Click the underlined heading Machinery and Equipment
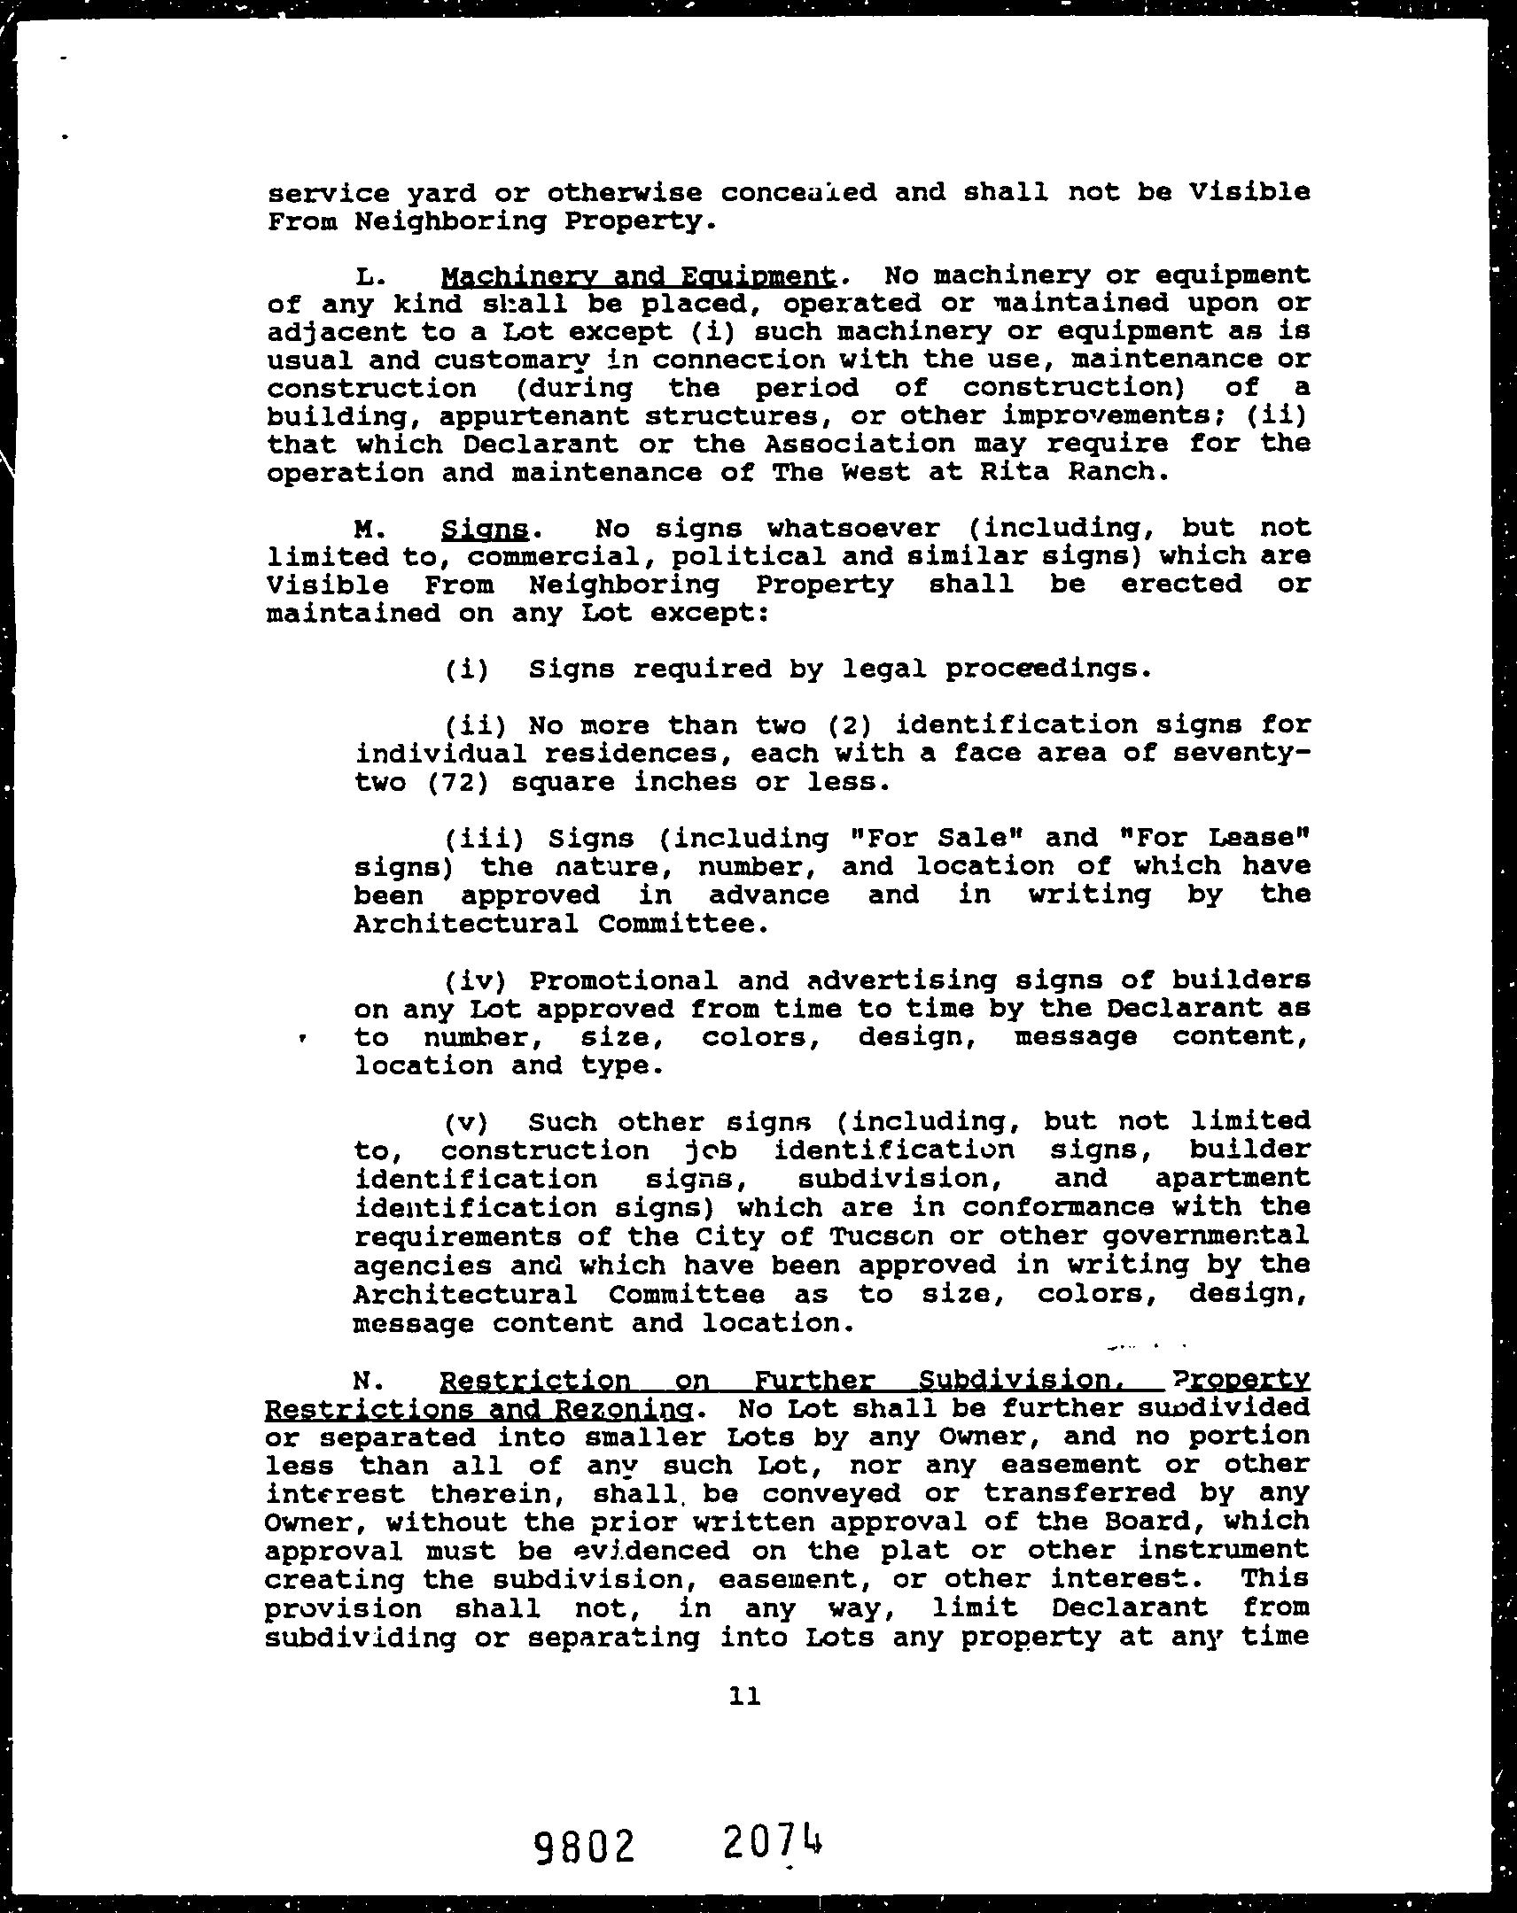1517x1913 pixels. point(638,276)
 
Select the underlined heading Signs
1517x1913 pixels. point(485,530)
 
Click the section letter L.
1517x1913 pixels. point(368,278)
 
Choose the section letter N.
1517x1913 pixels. point(366,1382)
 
